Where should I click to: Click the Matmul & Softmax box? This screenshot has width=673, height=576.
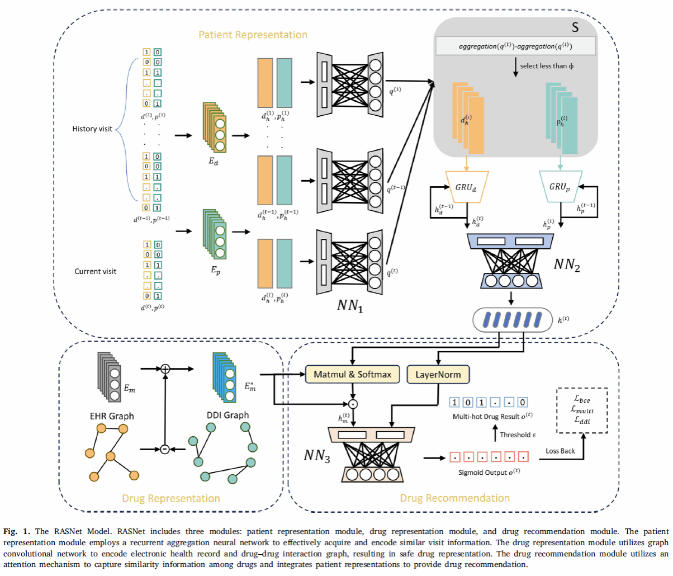point(352,374)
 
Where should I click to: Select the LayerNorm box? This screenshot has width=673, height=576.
point(438,374)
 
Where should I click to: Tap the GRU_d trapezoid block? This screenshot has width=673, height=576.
point(465,187)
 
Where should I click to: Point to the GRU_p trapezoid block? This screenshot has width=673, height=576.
point(560,186)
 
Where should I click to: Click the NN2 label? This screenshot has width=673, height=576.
point(567,265)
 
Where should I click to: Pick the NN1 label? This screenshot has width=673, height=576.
point(350,305)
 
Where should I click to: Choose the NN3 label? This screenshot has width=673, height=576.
point(317,456)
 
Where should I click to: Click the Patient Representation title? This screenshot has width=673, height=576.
point(253,35)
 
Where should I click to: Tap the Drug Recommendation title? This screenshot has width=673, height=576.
point(454,498)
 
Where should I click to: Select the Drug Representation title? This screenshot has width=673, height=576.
point(171,498)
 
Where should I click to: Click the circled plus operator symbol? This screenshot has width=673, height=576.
point(165,369)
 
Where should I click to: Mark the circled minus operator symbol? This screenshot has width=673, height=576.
point(164,448)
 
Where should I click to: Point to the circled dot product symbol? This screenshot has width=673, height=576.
point(353,403)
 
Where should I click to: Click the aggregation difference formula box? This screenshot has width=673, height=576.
point(515,46)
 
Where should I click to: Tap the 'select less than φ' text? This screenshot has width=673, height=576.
point(546,66)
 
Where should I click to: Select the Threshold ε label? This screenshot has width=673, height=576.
point(518,435)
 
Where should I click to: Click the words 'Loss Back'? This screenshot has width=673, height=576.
point(560,451)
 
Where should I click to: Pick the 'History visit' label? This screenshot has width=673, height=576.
point(92,129)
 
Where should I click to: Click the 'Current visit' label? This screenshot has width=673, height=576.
point(96,271)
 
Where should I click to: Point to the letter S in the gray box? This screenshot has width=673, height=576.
point(575,27)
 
